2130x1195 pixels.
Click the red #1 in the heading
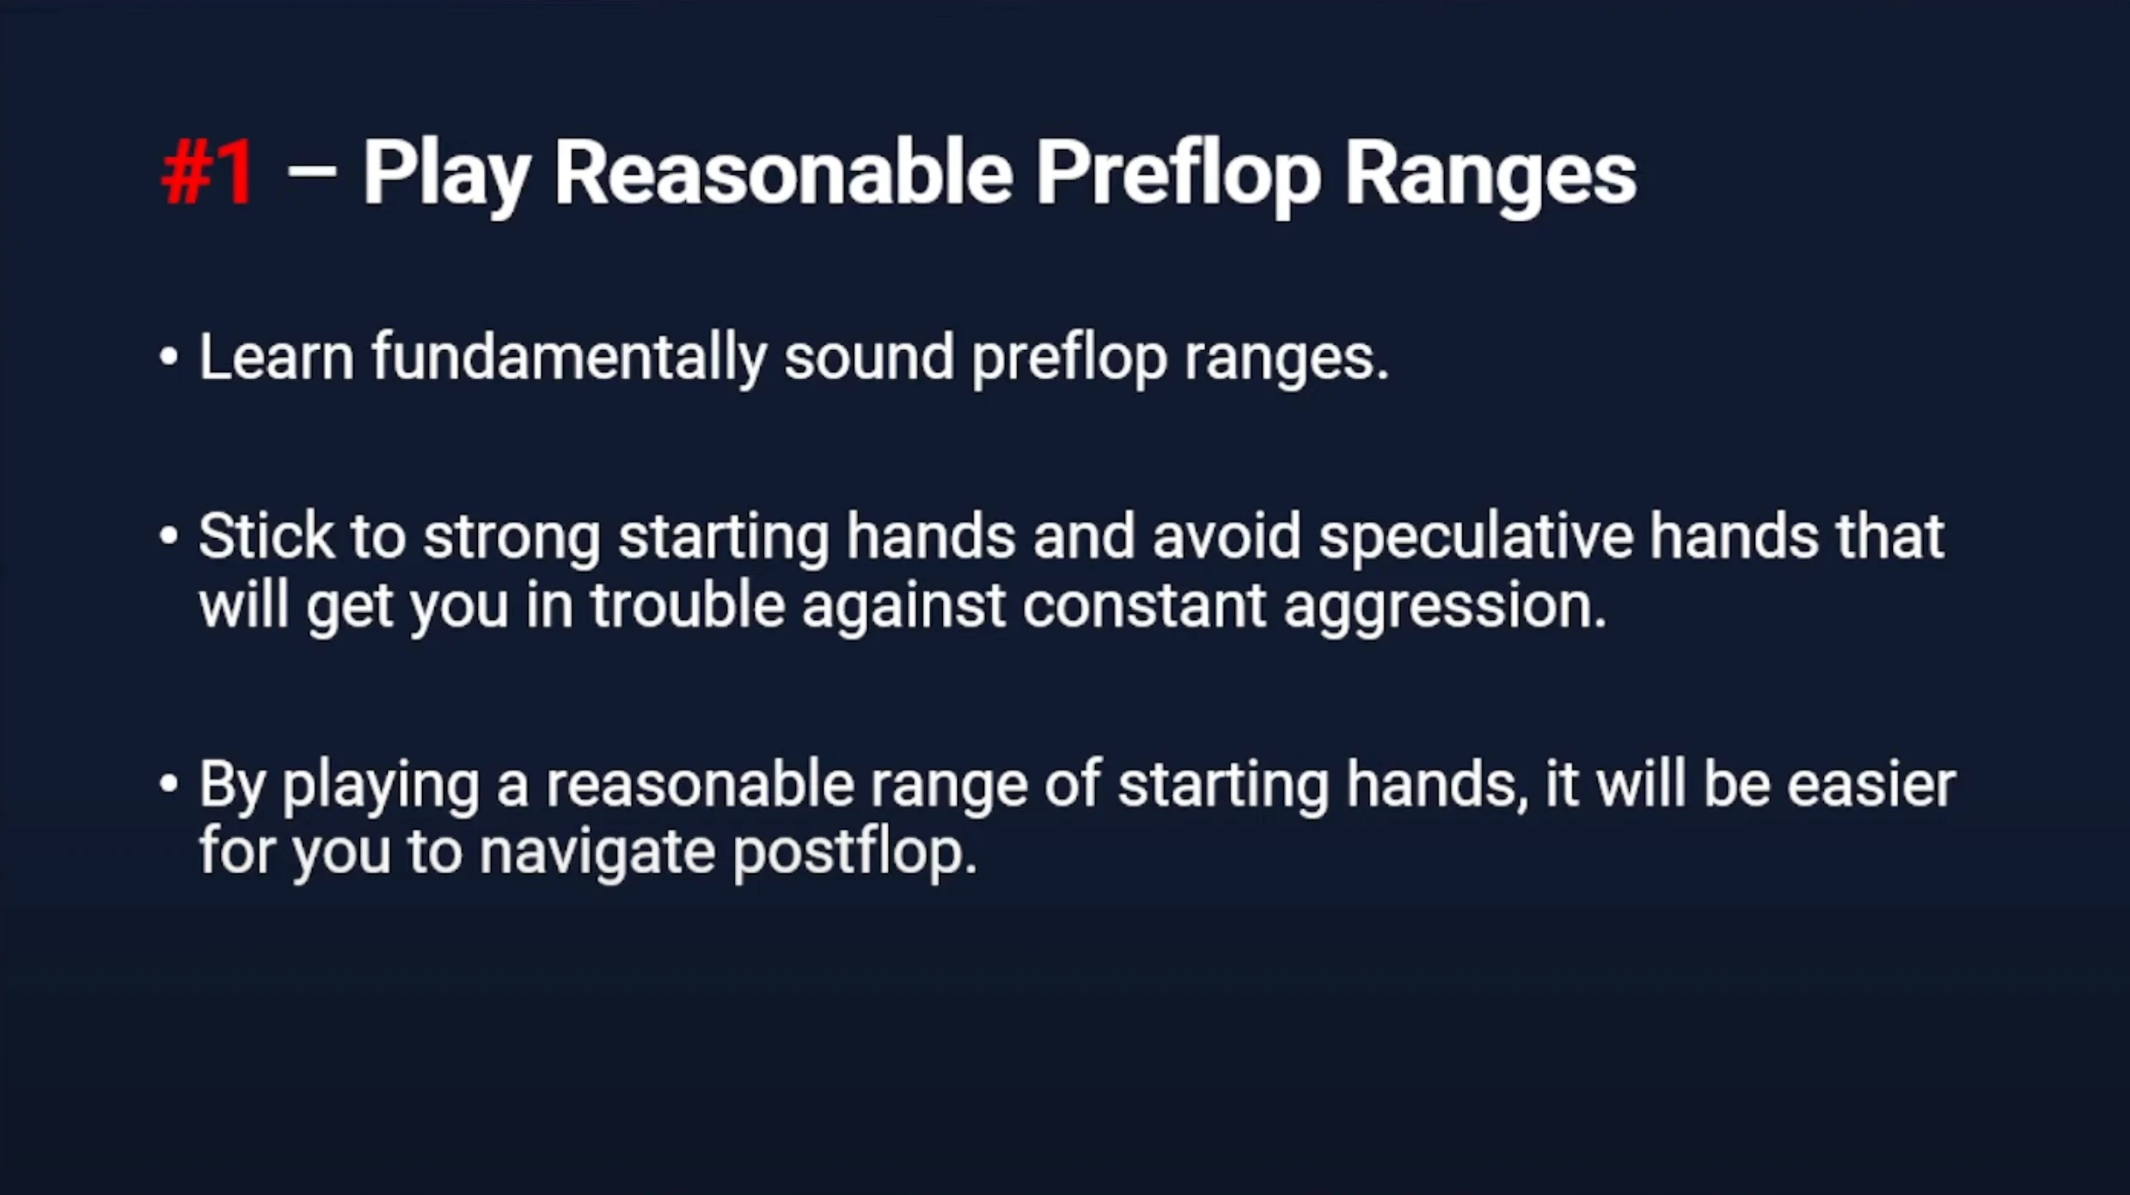[208, 173]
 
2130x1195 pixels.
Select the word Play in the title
[446, 176]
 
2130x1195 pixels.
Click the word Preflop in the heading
[1178, 177]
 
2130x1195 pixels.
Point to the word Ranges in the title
[1490, 177]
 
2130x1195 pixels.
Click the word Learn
[276, 356]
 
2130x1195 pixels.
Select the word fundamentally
[569, 359]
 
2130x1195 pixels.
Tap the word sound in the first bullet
[869, 356]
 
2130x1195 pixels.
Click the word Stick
[266, 536]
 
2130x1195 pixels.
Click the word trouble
[688, 604]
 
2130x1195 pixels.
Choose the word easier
[1871, 785]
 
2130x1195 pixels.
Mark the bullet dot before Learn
[168, 357]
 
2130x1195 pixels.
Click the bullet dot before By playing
[168, 784]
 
